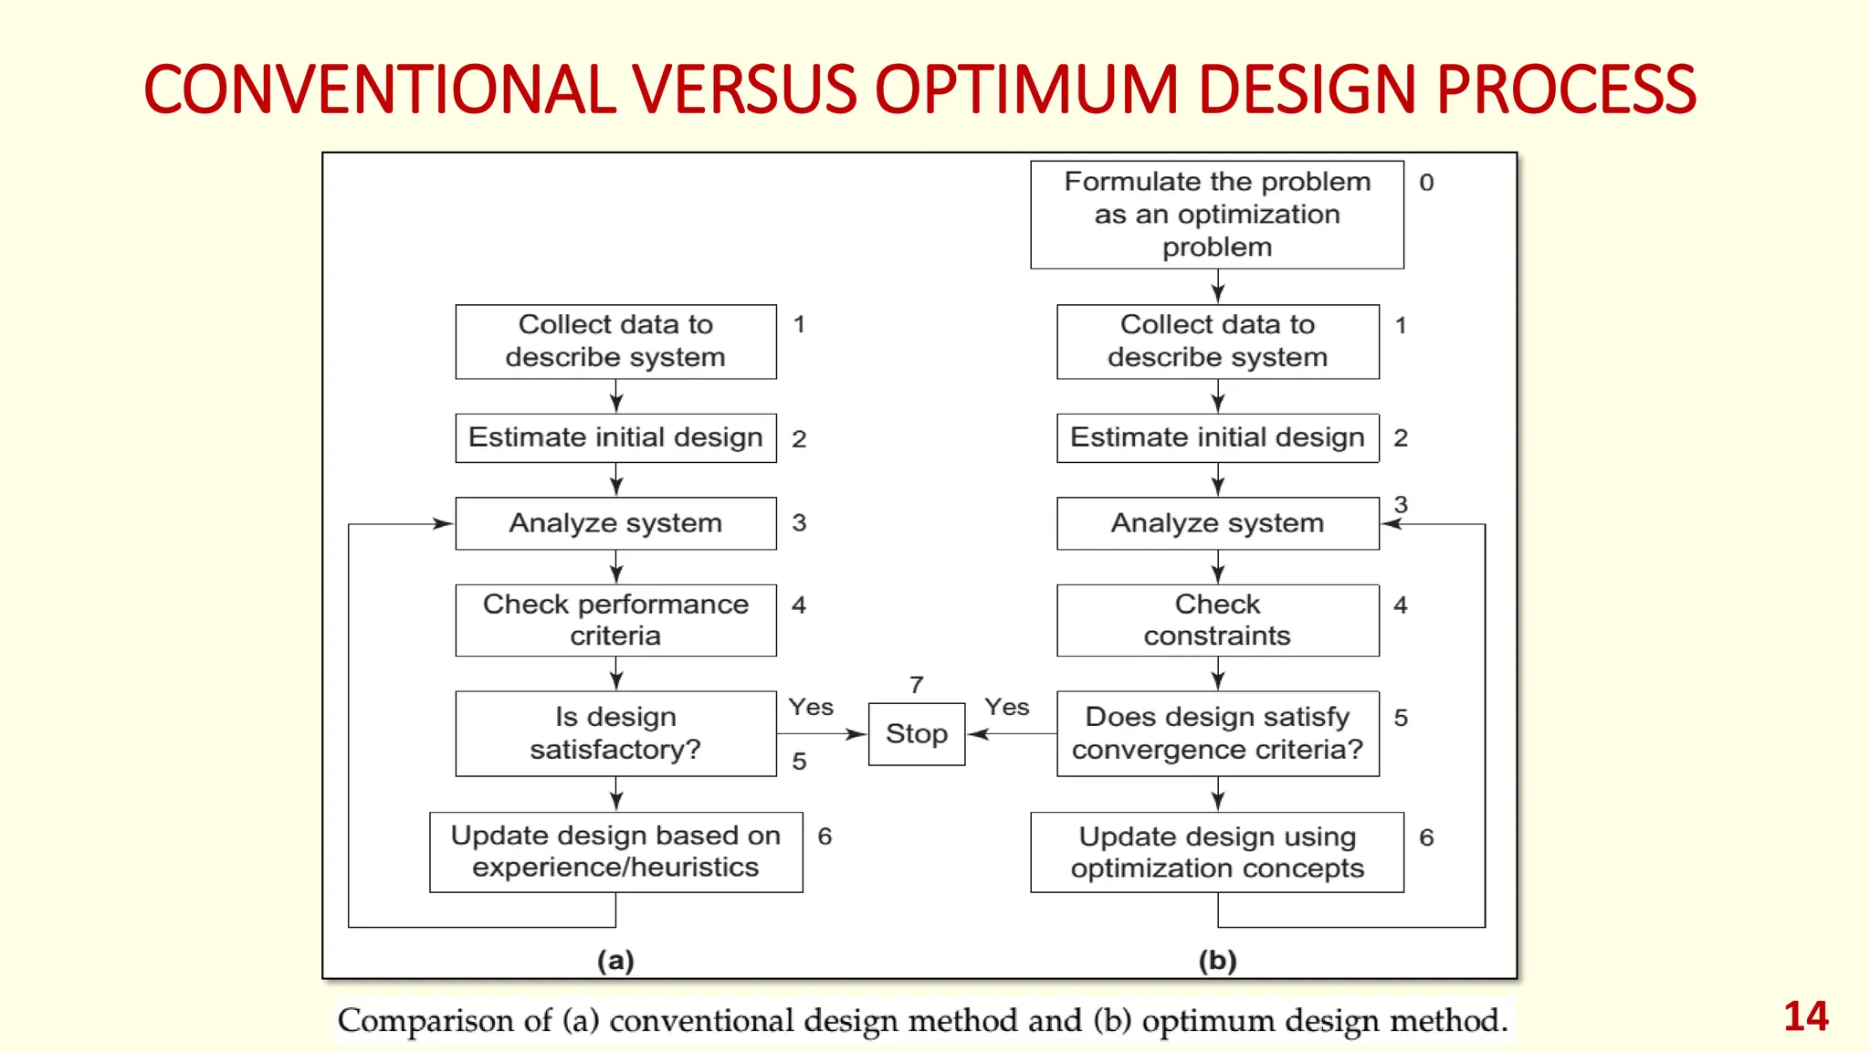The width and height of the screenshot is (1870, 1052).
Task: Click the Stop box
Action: point(917,733)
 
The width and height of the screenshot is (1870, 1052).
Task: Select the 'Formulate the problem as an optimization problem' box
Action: point(1217,215)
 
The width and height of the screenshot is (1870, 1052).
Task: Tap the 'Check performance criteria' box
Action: point(615,620)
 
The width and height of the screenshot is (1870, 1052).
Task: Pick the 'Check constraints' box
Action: point(1217,620)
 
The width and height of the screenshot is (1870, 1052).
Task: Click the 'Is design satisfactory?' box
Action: point(615,733)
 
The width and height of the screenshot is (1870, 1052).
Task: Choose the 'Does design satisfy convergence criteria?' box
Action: point(1217,733)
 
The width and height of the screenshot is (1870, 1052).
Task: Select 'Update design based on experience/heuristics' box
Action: point(615,851)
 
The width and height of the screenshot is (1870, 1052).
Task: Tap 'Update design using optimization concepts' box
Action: point(1217,852)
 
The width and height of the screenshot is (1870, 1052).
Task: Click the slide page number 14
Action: point(1805,1016)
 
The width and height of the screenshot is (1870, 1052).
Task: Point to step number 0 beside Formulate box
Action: point(1426,183)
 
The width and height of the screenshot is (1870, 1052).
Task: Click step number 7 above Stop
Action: point(917,684)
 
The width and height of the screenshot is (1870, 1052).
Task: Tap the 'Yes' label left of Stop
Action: point(811,707)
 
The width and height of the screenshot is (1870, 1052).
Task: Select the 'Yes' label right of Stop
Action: point(1007,707)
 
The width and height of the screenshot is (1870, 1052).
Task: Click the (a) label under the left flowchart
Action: point(615,960)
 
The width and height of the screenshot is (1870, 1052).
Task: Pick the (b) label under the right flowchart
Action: point(1217,960)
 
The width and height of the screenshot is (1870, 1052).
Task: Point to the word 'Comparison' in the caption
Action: point(444,1020)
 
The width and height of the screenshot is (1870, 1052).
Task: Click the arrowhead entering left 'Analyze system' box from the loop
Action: point(444,524)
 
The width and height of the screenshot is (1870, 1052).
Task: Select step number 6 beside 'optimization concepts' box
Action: point(1426,837)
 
